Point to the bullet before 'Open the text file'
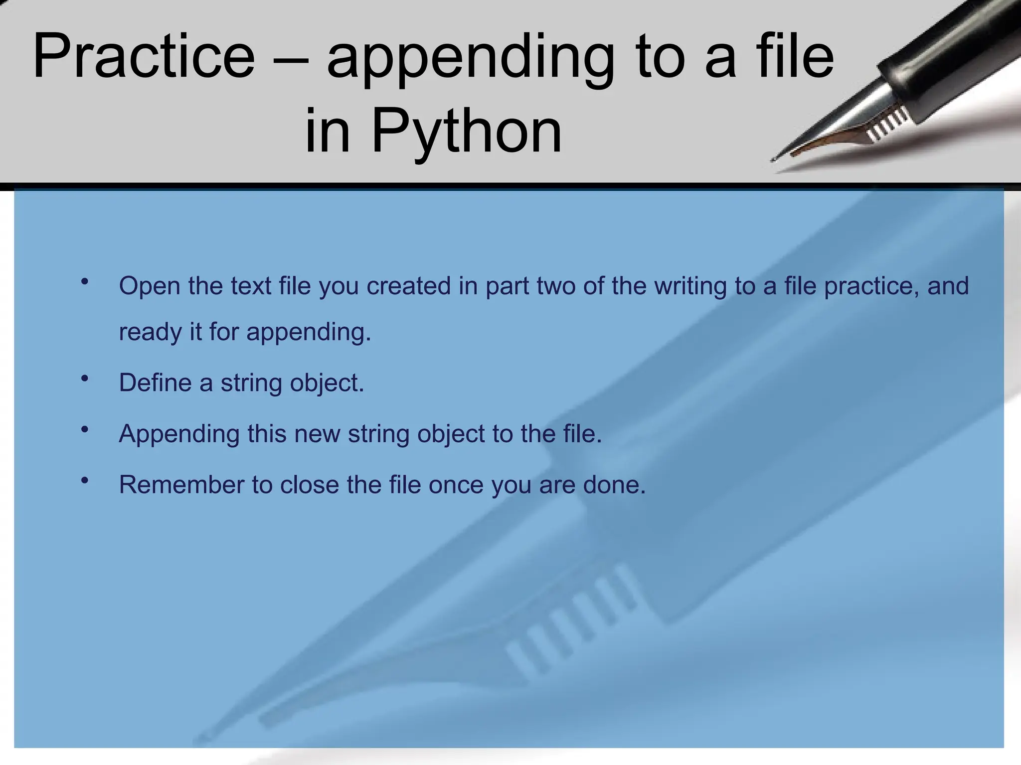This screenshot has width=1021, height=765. pyautogui.click(x=85, y=281)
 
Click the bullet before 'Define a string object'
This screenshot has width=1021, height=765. pyautogui.click(x=85, y=379)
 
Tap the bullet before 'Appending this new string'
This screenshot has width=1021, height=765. pyautogui.click(x=85, y=429)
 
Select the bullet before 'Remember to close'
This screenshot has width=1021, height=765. pyautogui.click(x=85, y=480)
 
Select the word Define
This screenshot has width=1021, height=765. pyautogui.click(x=155, y=382)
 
